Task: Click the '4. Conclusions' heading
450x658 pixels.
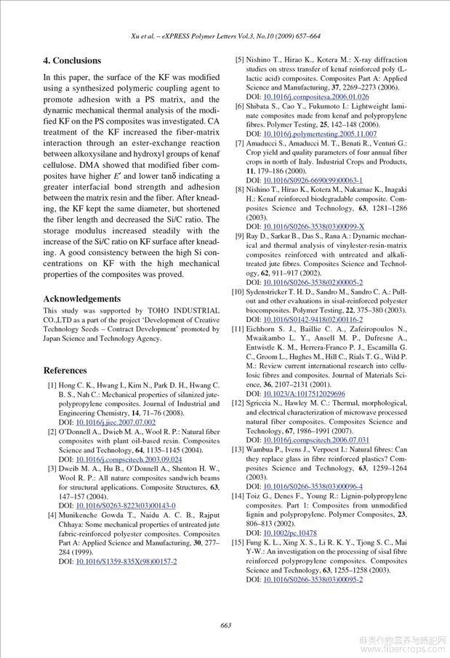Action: coord(72,60)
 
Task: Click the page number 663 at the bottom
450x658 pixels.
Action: coord(225,625)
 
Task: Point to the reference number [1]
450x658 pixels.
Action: coord(52,384)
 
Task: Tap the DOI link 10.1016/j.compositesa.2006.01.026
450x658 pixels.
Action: coord(316,97)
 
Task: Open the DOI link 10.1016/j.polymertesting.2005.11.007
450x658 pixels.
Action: coord(320,134)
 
